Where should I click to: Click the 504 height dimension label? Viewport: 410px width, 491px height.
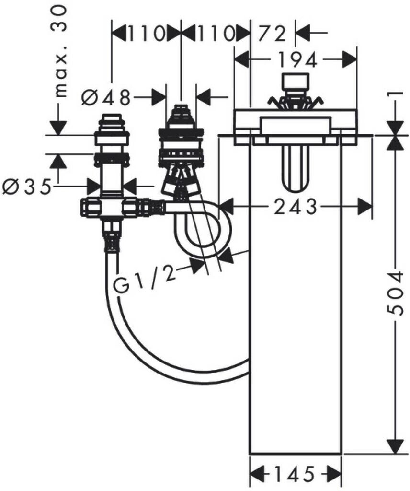coord(394,292)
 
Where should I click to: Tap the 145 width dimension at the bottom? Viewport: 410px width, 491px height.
coord(294,474)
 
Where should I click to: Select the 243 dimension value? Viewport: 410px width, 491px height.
coord(296,207)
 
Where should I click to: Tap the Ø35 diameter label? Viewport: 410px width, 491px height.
coord(26,187)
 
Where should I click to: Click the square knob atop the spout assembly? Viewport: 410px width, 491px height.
coord(295,82)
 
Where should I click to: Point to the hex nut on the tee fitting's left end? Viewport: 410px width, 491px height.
coord(91,207)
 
